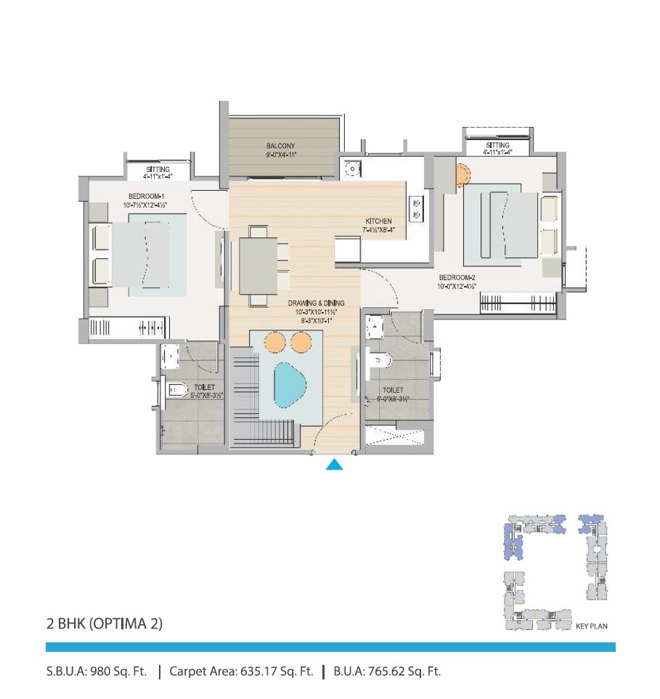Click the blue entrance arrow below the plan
coord(334,465)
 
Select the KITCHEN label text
coord(379,221)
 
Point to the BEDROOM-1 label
coord(147,196)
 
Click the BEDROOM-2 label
coord(457,277)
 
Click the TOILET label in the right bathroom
coord(393,390)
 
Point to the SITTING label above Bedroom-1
coord(158,169)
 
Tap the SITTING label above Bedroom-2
coord(498,146)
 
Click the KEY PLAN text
coord(591,625)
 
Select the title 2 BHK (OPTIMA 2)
coord(104,623)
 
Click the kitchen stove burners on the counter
coord(416,208)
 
